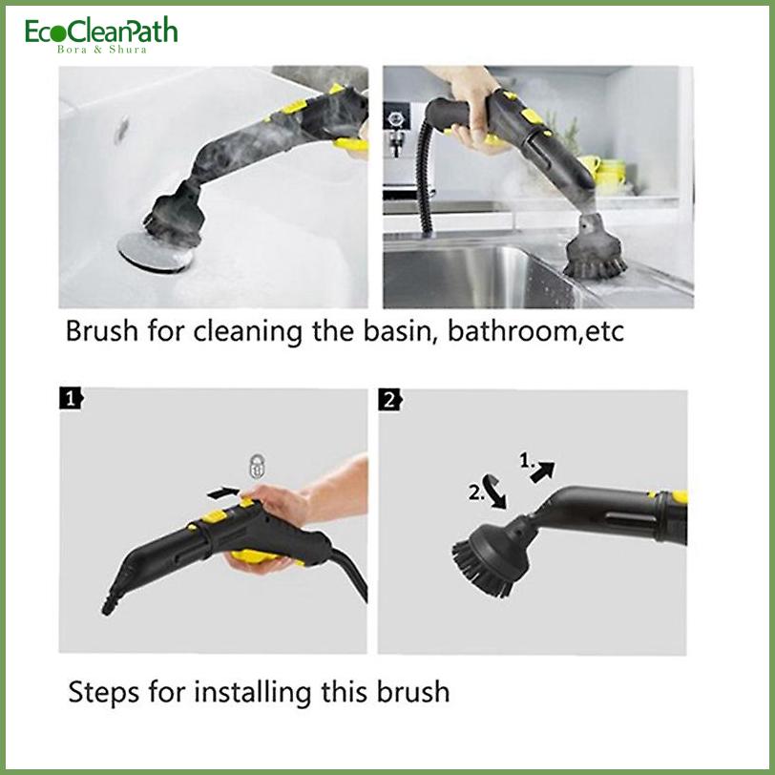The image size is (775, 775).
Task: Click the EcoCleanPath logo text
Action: (x=101, y=31)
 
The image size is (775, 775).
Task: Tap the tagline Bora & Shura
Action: (x=102, y=50)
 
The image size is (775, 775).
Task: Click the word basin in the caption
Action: (x=401, y=331)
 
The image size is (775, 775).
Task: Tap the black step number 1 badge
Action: (x=72, y=398)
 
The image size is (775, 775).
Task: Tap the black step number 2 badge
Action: (x=390, y=400)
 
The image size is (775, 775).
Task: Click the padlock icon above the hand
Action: (x=256, y=466)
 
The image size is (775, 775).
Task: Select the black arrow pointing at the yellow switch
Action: (x=223, y=492)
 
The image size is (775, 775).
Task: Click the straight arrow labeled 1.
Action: (x=543, y=471)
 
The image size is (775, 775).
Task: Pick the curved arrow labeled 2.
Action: (x=494, y=492)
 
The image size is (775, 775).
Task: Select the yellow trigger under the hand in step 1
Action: (x=257, y=556)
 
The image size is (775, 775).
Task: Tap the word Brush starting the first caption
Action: (x=102, y=330)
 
